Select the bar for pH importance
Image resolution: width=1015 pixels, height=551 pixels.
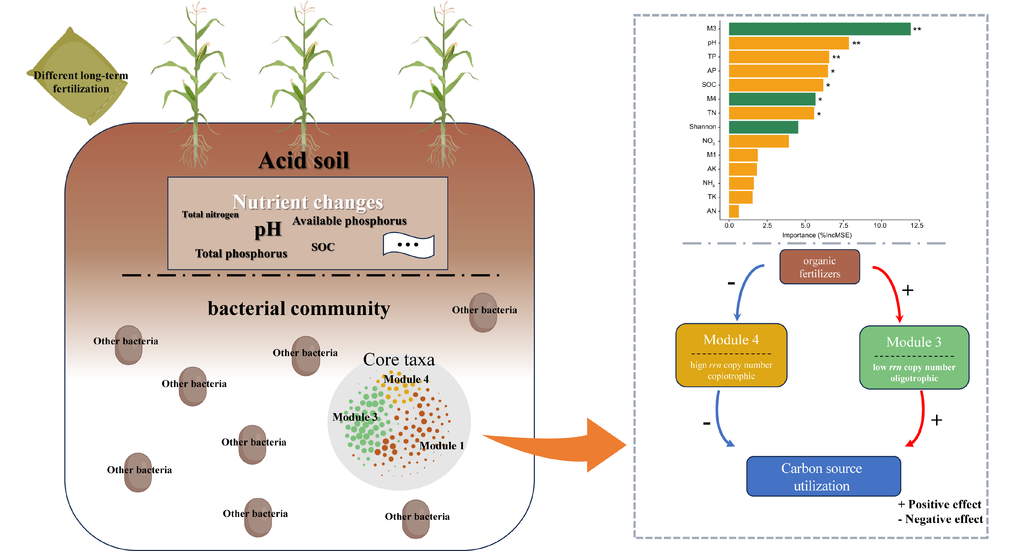click(x=788, y=43)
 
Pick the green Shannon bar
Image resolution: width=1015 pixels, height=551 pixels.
click(x=763, y=127)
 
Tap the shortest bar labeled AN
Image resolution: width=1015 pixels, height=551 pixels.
click(x=734, y=211)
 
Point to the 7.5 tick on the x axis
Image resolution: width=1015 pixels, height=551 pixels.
click(x=843, y=226)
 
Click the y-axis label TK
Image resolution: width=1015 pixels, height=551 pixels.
click(x=712, y=197)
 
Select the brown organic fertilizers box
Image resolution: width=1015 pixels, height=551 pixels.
click(x=819, y=267)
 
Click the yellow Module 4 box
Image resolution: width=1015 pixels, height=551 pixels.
click(x=731, y=355)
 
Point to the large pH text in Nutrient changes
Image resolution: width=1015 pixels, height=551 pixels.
click(x=268, y=229)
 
